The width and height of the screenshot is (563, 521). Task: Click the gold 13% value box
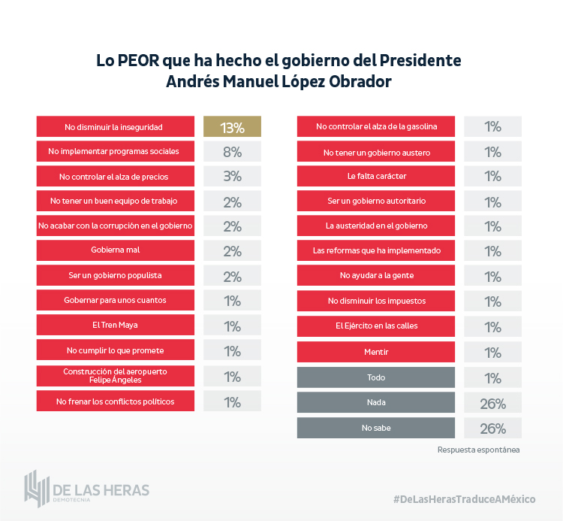(232, 127)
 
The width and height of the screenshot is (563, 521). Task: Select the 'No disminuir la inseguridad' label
(113, 127)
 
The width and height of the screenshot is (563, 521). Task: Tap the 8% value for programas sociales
(232, 152)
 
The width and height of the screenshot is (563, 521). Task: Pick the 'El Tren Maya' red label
(113, 326)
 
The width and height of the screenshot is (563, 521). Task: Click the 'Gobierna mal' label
(113, 250)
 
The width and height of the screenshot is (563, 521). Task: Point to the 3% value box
(232, 177)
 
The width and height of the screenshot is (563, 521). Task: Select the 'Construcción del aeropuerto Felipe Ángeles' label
(113, 376)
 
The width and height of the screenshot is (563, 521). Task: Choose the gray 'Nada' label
(376, 403)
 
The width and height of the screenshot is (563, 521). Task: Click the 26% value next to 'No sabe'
(492, 429)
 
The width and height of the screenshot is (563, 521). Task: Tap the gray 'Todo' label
(376, 377)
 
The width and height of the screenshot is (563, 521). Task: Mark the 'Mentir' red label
(376, 352)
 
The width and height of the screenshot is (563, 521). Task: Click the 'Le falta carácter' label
(376, 177)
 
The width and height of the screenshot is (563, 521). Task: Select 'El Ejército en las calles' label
(376, 326)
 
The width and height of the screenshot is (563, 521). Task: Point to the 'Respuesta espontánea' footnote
(478, 450)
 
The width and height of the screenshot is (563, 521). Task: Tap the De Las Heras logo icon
(37, 489)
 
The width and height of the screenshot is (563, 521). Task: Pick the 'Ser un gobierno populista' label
(113, 275)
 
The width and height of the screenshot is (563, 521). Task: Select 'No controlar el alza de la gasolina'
(376, 126)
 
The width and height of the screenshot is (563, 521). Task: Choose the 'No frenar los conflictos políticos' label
(113, 401)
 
